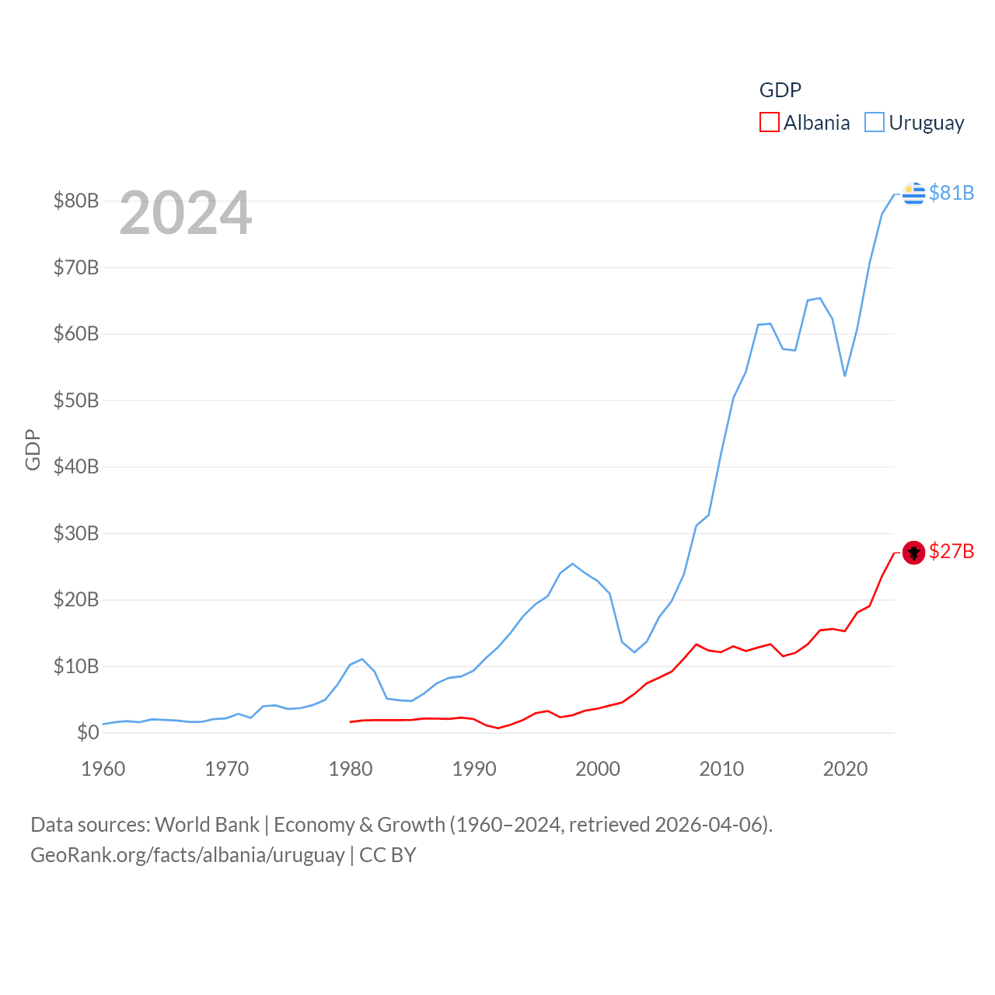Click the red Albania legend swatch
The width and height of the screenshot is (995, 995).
click(x=769, y=123)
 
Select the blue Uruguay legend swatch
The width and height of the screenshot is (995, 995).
click(x=875, y=123)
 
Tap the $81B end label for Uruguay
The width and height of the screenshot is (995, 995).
click(x=951, y=193)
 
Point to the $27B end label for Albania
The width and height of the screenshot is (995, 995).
click(x=951, y=551)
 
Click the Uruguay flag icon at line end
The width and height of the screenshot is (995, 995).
click(x=914, y=193)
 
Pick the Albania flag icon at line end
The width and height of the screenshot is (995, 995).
click(x=914, y=553)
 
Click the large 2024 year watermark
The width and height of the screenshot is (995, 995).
click(x=185, y=212)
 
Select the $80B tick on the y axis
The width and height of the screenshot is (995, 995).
click(x=76, y=201)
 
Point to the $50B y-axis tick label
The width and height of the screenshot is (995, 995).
click(x=76, y=400)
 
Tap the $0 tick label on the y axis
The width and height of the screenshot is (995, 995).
click(x=88, y=732)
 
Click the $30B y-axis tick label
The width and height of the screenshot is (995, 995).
click(x=76, y=533)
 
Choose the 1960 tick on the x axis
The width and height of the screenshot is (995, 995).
click(x=103, y=769)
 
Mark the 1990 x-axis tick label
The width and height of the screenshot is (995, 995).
click(x=474, y=769)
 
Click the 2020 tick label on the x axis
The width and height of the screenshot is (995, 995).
click(x=845, y=769)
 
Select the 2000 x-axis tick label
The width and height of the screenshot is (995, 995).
click(x=598, y=769)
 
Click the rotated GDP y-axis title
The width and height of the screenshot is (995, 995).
click(x=33, y=449)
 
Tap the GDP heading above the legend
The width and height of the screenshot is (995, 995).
click(x=780, y=90)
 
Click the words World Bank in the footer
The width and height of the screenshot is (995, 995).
click(x=208, y=824)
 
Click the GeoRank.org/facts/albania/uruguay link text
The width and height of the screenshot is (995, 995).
click(x=187, y=855)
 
